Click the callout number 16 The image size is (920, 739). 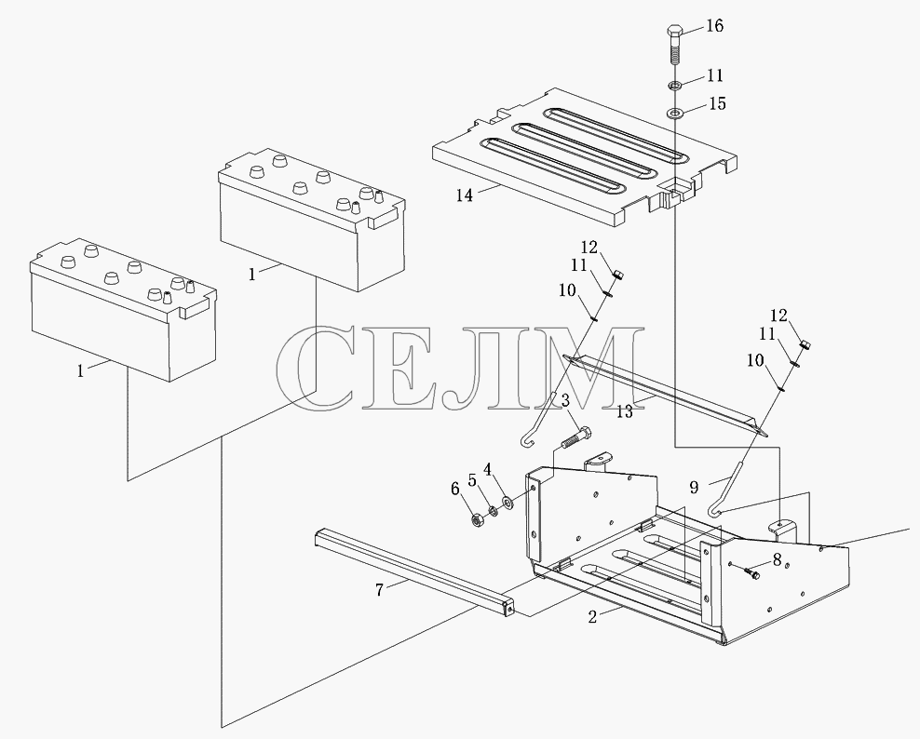pyautogui.click(x=714, y=26)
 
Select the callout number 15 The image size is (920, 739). pyautogui.click(x=717, y=104)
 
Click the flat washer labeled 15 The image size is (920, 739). pyautogui.click(x=675, y=112)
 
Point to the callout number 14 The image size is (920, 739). pyautogui.click(x=464, y=195)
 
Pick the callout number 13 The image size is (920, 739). pyautogui.click(x=625, y=412)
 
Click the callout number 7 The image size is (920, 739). pyautogui.click(x=380, y=590)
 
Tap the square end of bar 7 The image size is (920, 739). pyautogui.click(x=508, y=608)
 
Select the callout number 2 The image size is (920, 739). pyautogui.click(x=592, y=617)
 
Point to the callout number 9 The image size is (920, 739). pyautogui.click(x=694, y=487)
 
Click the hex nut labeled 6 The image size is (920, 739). pyautogui.click(x=477, y=519)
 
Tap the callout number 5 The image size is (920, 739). pyautogui.click(x=472, y=479)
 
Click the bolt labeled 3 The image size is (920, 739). pyautogui.click(x=576, y=437)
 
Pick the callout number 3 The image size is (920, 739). pyautogui.click(x=565, y=400)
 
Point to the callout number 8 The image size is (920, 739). pyautogui.click(x=777, y=559)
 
